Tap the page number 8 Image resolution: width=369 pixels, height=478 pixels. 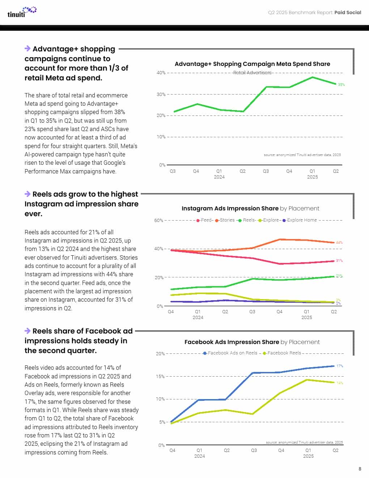click(360, 469)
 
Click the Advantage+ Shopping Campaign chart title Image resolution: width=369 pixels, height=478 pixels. click(252, 64)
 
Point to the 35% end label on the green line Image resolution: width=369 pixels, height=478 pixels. click(341, 85)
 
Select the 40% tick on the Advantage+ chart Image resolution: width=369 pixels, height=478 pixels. click(161, 73)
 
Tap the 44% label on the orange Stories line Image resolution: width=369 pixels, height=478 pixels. click(339, 242)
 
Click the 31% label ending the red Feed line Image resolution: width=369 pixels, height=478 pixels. click(339, 261)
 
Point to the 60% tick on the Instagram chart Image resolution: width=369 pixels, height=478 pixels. click(159, 221)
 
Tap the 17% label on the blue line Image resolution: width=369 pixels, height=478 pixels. click(340, 366)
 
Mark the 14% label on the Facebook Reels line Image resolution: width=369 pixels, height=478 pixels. click(340, 383)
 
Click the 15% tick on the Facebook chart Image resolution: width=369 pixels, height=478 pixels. click(160, 377)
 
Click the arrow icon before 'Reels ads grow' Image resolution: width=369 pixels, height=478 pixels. click(27, 194)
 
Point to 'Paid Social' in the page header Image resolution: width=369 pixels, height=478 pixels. click(348, 12)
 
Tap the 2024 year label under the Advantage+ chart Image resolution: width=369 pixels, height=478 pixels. click(219, 177)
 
